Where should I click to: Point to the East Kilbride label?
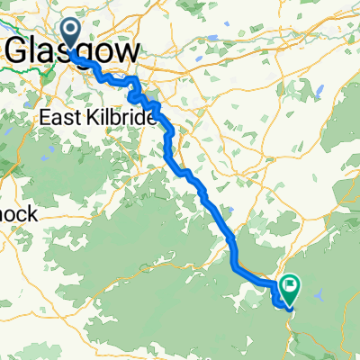point(98,119)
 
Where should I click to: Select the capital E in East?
point(45,119)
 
